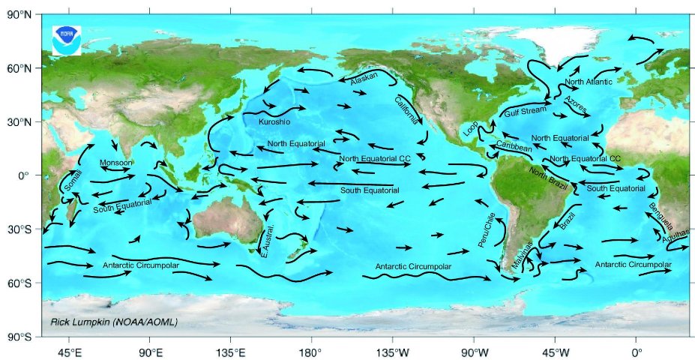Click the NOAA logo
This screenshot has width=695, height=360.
coord(66,39)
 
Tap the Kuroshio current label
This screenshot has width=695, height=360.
coord(274,121)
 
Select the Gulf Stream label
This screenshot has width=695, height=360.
coord(522,112)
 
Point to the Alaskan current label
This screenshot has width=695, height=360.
coord(364,78)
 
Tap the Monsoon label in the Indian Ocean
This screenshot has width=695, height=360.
coord(116,163)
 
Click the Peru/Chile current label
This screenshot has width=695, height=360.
coord(487,229)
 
